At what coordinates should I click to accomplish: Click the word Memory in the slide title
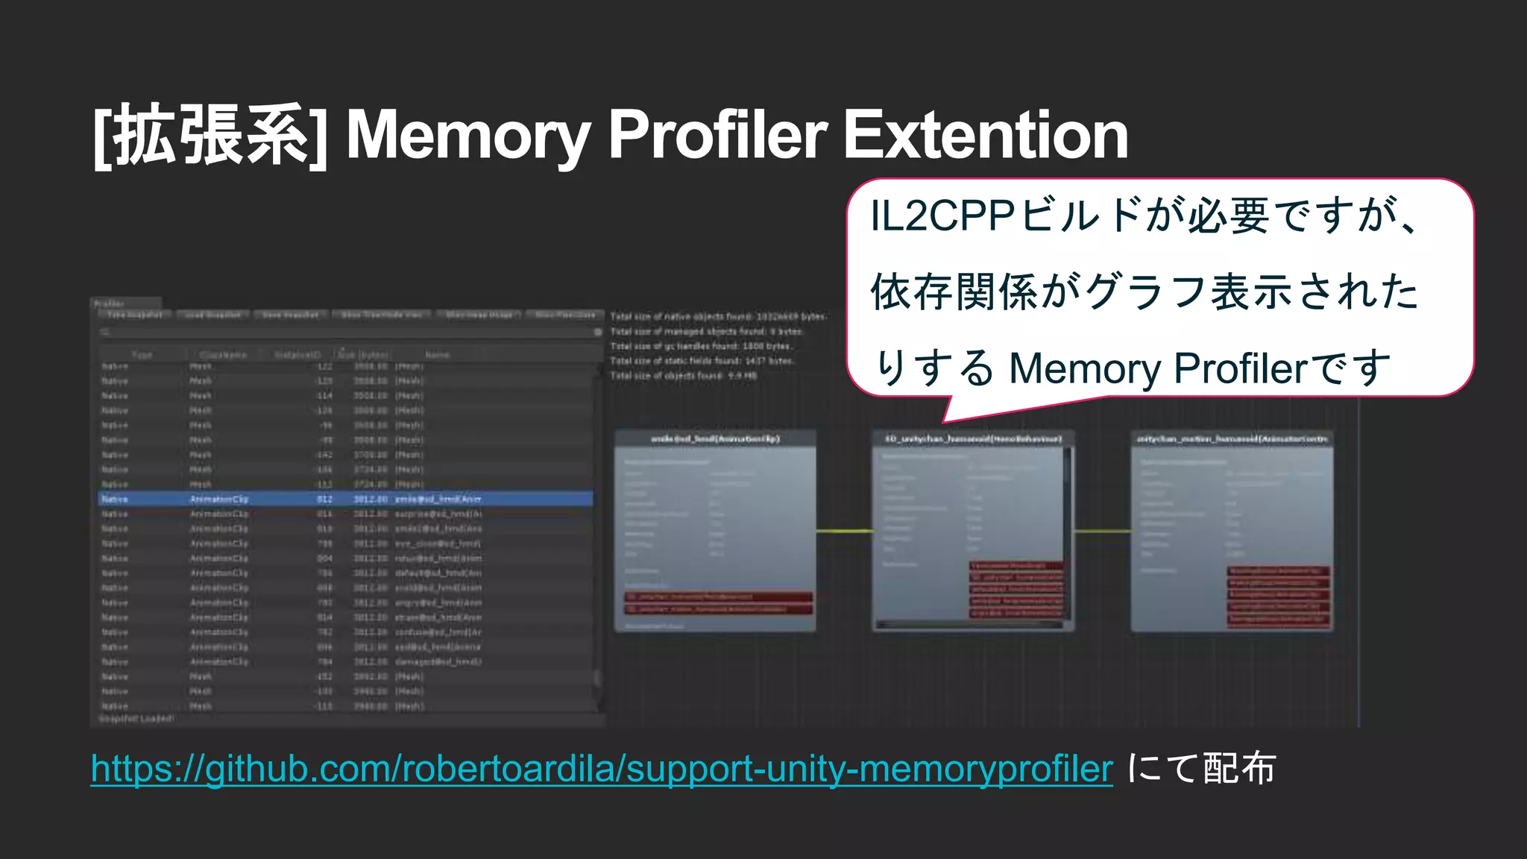pos(468,136)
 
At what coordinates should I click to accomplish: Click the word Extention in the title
pos(986,136)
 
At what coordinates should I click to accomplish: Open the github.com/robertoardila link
pos(601,768)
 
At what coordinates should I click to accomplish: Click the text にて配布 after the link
pos(1202,768)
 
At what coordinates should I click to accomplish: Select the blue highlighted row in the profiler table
pos(346,499)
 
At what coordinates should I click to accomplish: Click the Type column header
pos(142,355)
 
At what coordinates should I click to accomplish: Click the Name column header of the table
pos(437,355)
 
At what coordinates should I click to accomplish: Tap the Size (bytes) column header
pos(365,355)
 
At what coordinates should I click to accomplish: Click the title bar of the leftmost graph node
pos(715,438)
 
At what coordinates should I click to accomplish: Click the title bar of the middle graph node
pos(973,438)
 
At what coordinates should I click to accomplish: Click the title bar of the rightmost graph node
pos(1232,438)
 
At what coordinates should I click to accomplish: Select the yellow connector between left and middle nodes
pos(844,531)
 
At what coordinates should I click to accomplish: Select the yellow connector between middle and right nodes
pos(1103,531)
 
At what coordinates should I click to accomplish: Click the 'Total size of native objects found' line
pos(718,317)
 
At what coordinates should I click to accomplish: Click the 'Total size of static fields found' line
pos(702,361)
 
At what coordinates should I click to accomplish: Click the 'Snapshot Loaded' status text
pos(136,719)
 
